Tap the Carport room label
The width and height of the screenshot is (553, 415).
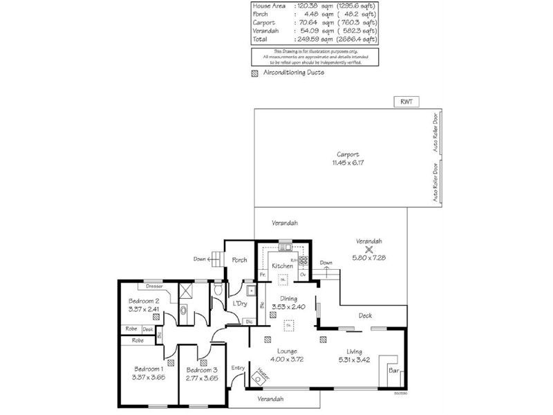[x=348, y=154]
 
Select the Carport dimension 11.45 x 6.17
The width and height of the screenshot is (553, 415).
[x=348, y=163]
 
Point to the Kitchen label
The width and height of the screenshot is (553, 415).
[x=282, y=266]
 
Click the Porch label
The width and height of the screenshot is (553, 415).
[x=239, y=260]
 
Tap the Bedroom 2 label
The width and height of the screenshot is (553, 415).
[x=144, y=301]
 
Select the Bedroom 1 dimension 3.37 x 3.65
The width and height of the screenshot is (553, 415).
[x=149, y=377]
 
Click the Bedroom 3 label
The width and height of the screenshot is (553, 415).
[x=203, y=369]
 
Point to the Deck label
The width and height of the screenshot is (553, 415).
[x=366, y=316]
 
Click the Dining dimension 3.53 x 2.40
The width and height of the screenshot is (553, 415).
[x=283, y=307]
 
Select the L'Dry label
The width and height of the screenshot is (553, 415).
[x=240, y=304]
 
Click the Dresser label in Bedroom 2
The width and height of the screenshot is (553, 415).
[x=155, y=286]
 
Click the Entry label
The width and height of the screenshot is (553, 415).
[x=238, y=368]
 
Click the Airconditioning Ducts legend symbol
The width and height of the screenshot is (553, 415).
[x=255, y=73]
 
